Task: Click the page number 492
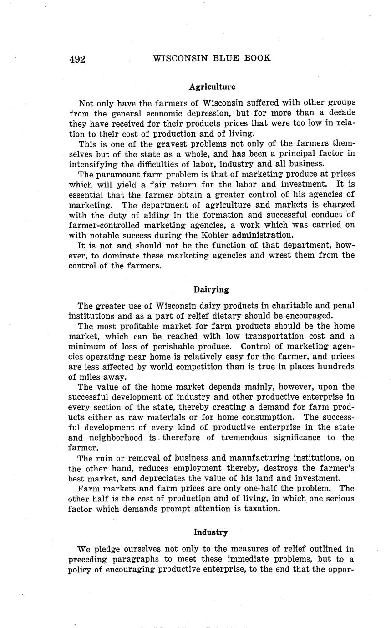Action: click(x=77, y=59)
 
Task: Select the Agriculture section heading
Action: click(x=212, y=86)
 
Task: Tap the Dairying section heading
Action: click(x=211, y=289)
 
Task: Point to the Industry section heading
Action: click(x=211, y=532)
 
